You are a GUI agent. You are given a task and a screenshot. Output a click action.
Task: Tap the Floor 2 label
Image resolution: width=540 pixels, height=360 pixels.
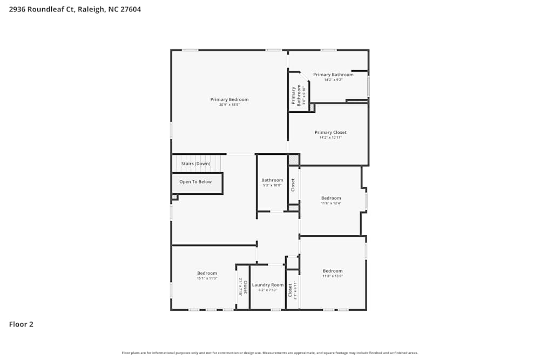[x=21, y=324]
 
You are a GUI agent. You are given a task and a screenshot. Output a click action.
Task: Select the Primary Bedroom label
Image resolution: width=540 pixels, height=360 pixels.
[x=230, y=99]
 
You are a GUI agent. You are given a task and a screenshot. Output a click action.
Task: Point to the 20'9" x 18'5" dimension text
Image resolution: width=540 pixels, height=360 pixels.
[x=230, y=105]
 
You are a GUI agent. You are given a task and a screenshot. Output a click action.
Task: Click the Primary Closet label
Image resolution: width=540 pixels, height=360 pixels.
[x=330, y=132]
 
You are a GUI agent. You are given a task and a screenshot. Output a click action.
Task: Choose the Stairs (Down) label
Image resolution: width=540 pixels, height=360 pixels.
[x=195, y=164]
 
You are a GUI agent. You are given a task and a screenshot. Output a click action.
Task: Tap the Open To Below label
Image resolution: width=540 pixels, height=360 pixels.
[x=195, y=182]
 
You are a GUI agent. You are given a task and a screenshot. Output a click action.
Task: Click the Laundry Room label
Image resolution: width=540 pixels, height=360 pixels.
[x=268, y=285]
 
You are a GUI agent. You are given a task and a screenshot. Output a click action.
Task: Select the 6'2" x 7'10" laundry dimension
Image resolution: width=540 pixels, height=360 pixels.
[x=268, y=290]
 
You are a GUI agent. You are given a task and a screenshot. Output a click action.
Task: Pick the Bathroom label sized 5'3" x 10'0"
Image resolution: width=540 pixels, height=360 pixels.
[x=272, y=180]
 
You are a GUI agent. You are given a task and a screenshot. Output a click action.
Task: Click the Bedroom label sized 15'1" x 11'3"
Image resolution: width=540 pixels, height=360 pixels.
[x=207, y=273]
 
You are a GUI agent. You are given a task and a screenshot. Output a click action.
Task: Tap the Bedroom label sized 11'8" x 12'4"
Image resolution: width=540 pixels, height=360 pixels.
[x=331, y=198]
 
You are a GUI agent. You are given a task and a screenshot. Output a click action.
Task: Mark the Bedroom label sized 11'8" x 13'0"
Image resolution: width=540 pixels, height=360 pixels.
[x=333, y=271]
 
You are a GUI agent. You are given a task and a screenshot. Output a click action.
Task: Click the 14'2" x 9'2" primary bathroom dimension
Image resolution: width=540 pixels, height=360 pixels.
[x=333, y=80]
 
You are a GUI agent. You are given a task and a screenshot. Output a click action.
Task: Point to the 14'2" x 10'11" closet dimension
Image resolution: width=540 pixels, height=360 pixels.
[x=330, y=138]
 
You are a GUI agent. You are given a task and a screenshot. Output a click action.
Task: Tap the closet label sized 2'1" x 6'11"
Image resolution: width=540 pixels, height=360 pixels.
[x=292, y=290]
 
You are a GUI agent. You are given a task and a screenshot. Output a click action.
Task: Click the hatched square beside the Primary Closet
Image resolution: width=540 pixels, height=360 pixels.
[x=293, y=160]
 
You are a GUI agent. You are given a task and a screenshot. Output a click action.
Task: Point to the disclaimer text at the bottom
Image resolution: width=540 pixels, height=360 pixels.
[x=270, y=353]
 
